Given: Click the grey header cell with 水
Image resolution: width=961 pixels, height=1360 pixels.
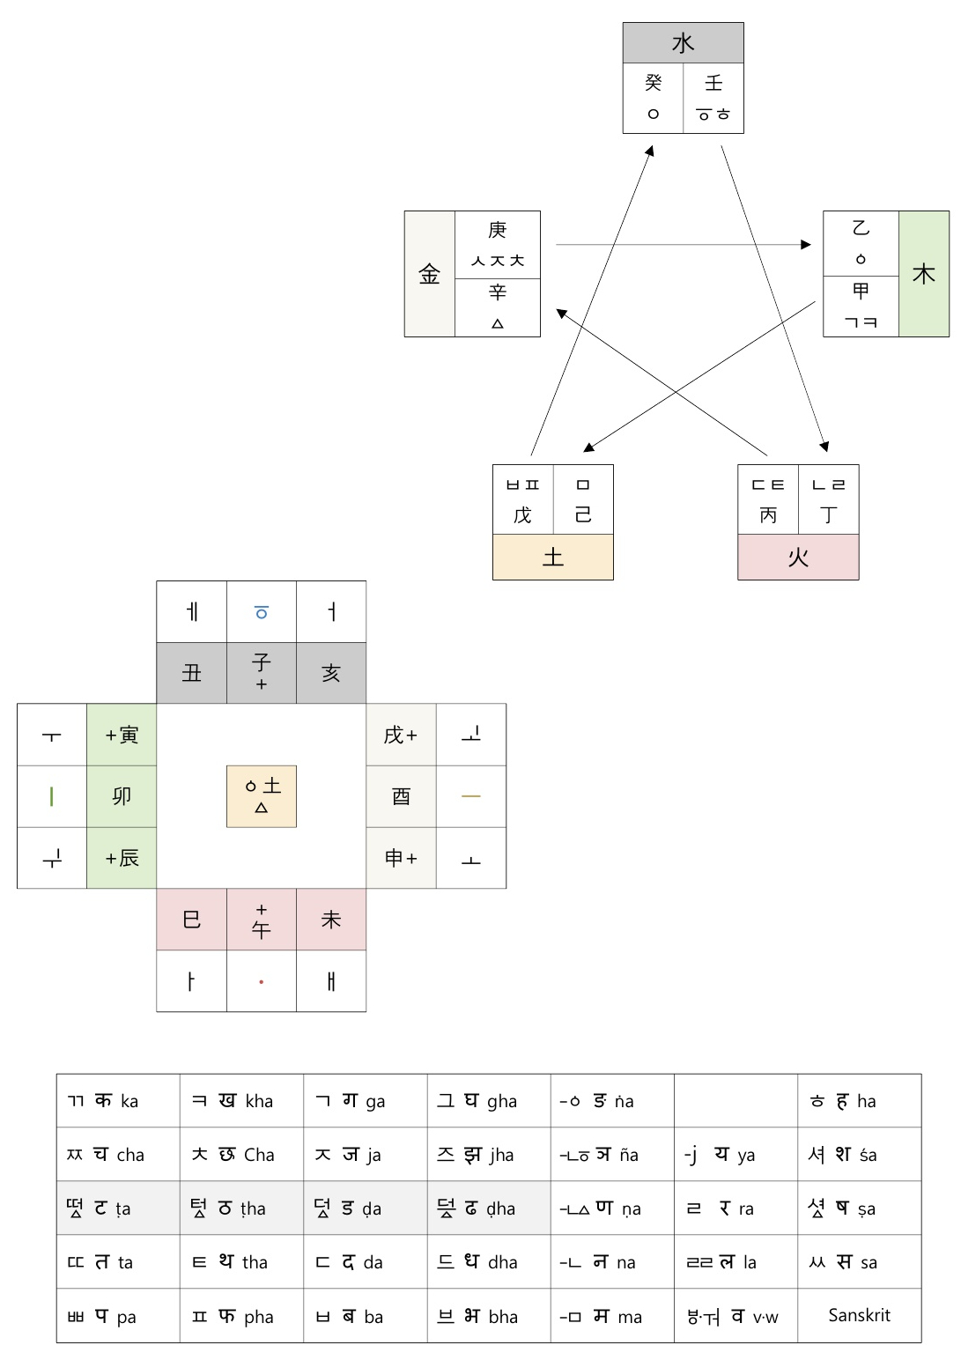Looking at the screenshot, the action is [x=683, y=43].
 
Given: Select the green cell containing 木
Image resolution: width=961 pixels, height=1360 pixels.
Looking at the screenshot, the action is [x=923, y=274].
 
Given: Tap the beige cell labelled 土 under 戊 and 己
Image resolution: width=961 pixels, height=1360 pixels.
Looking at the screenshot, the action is [x=553, y=557].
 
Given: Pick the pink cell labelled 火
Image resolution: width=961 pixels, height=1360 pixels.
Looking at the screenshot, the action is [x=798, y=557].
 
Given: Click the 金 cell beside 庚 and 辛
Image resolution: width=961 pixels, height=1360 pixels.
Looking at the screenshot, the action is [x=430, y=274].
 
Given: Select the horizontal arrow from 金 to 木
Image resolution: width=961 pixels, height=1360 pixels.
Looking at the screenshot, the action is [x=684, y=245].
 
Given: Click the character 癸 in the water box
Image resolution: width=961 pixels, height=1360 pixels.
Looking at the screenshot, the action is [x=654, y=83].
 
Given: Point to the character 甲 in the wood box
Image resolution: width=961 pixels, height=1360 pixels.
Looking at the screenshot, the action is [x=861, y=291].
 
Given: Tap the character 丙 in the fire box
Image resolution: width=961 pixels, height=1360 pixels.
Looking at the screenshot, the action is [x=768, y=515].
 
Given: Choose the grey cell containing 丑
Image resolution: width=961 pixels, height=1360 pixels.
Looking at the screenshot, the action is [x=192, y=673].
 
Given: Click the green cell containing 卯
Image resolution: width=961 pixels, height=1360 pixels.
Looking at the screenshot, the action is [x=122, y=796].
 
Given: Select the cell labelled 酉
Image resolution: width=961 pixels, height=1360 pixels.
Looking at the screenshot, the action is [x=402, y=796].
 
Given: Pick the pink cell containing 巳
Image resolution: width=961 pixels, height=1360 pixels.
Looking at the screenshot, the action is [x=192, y=920].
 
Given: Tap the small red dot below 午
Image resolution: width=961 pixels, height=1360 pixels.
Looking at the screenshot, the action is [x=261, y=982].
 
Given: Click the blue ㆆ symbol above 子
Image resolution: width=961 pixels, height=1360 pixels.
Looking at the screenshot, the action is [x=261, y=612].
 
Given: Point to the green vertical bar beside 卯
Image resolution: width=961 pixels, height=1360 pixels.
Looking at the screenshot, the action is [x=52, y=796].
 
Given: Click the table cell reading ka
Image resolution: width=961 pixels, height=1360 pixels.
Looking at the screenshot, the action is [x=118, y=1101].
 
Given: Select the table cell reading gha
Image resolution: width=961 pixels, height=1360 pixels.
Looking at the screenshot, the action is [x=489, y=1101].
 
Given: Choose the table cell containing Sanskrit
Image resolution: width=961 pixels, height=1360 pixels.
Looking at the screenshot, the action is [x=860, y=1315].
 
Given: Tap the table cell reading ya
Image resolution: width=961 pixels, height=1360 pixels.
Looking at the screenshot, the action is [x=736, y=1154].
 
